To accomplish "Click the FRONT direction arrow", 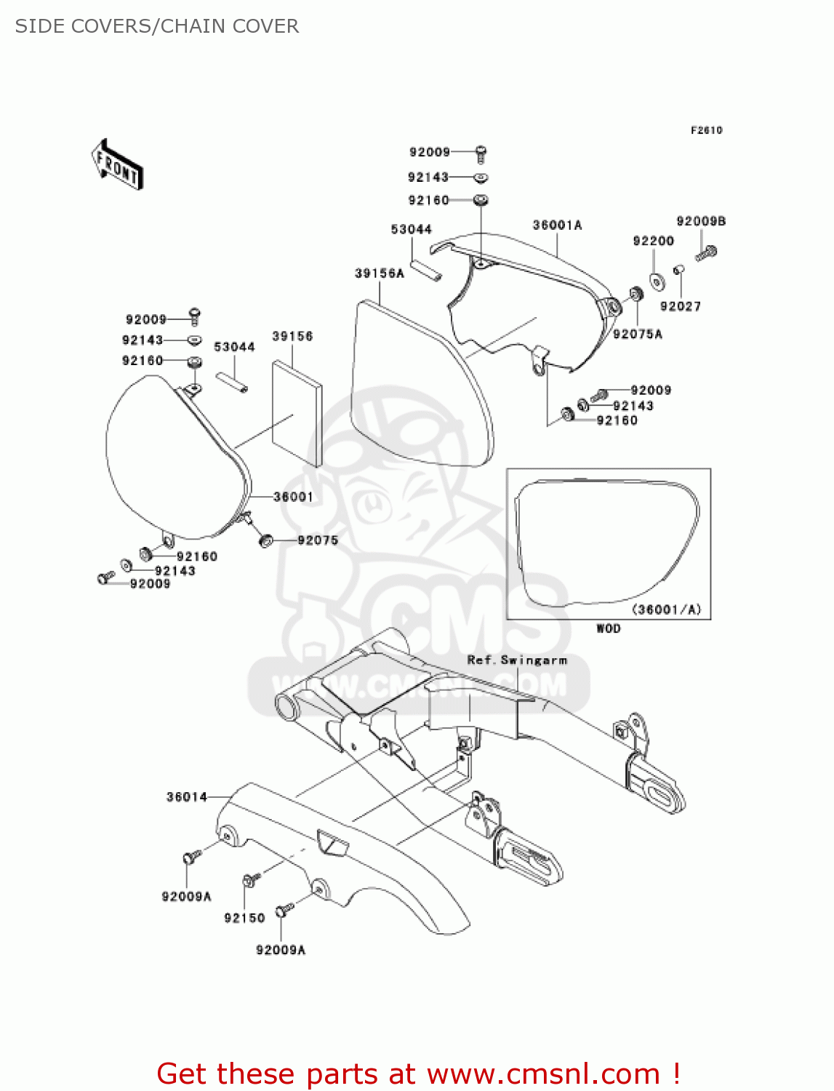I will (x=117, y=164).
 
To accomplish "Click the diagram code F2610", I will (x=706, y=130).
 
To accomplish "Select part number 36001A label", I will (x=557, y=225).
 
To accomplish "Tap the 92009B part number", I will (x=700, y=221).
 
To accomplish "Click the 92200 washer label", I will (x=653, y=241).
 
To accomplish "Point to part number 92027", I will (x=680, y=306).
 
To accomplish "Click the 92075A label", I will (x=638, y=334).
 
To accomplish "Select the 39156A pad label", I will (x=379, y=273).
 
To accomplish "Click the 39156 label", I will (x=292, y=336).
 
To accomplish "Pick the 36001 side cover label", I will (x=293, y=497).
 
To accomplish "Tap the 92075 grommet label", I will (x=318, y=540).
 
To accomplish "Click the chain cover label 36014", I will (x=187, y=797).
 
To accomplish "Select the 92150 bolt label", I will (x=244, y=918).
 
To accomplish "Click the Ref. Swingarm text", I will (x=517, y=660).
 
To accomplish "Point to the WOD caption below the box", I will (x=608, y=628).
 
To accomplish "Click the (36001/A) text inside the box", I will (x=667, y=610).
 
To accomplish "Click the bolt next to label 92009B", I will (x=706, y=253).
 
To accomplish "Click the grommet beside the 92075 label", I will (x=266, y=540).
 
